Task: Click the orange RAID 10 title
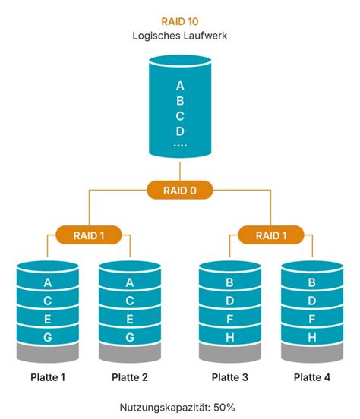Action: (180, 22)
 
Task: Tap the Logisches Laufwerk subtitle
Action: (180, 36)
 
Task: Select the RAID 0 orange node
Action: (180, 191)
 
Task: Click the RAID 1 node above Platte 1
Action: (89, 235)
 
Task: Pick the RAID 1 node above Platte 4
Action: (271, 235)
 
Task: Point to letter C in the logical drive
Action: (180, 116)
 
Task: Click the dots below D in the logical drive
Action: (180, 146)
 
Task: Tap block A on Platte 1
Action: (48, 282)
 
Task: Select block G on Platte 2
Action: (130, 337)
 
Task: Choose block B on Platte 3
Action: (230, 282)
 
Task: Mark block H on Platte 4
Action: (312, 337)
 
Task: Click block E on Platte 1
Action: (48, 319)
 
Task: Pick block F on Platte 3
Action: (230, 319)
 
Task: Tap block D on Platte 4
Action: (312, 301)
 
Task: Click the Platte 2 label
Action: (130, 377)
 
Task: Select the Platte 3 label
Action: (230, 377)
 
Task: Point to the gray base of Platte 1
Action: (48, 353)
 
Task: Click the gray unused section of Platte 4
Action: (312, 353)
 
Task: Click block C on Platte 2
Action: (130, 301)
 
